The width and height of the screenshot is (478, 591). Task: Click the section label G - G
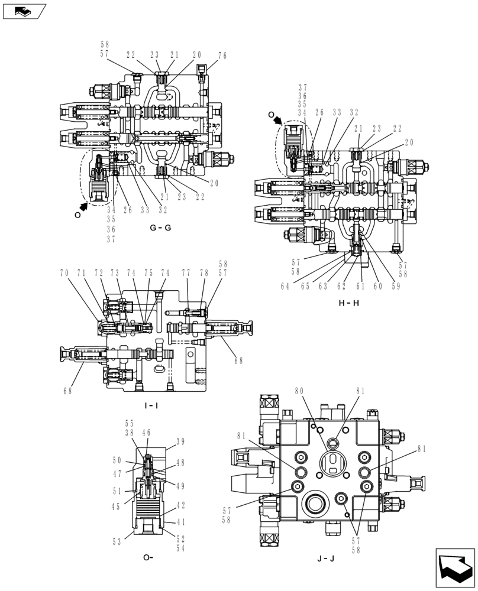[160, 228]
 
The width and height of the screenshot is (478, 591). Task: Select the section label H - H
[349, 303]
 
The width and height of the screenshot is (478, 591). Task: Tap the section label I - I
[151, 405]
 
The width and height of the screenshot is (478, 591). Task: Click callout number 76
[222, 56]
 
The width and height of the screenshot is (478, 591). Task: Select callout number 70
[63, 273]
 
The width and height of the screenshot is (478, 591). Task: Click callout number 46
[146, 433]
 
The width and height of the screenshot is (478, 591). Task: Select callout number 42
[181, 506]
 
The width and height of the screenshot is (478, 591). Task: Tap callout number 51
[117, 491]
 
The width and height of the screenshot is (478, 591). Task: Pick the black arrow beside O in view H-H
[279, 120]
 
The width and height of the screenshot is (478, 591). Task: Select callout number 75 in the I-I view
[148, 273]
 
